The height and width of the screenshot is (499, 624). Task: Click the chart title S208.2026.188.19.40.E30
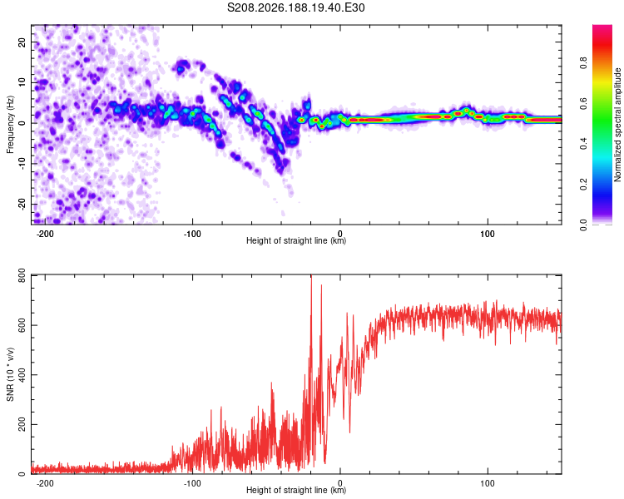(x=295, y=7)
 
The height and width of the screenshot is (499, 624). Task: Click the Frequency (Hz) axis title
(x=10, y=124)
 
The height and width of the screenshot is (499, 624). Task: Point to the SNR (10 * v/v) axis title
(x=10, y=374)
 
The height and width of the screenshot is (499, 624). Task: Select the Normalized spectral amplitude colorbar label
(x=617, y=125)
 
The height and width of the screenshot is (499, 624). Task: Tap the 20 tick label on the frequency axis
(x=22, y=42)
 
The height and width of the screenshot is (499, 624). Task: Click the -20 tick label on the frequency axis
(x=22, y=204)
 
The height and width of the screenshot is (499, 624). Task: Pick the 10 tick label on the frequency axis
(x=22, y=82)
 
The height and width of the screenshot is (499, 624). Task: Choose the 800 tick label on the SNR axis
(x=22, y=275)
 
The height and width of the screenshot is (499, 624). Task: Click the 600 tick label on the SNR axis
(x=22, y=325)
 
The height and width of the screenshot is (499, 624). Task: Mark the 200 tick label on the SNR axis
(x=22, y=425)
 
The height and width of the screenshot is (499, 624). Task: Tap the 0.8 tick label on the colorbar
(x=583, y=63)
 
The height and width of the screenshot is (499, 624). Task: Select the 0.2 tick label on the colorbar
(x=583, y=185)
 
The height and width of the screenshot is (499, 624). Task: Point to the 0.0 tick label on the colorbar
(x=583, y=225)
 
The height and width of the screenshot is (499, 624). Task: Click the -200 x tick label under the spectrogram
(x=45, y=234)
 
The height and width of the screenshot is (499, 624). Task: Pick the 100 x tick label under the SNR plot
(x=488, y=483)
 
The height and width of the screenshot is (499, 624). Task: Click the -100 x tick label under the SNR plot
(x=192, y=483)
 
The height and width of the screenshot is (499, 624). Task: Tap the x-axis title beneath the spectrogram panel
(x=296, y=240)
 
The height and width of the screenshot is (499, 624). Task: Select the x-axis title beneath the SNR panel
(x=296, y=490)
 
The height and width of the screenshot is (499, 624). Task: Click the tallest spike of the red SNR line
(x=311, y=276)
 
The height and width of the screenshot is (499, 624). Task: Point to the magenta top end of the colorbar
(x=602, y=27)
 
